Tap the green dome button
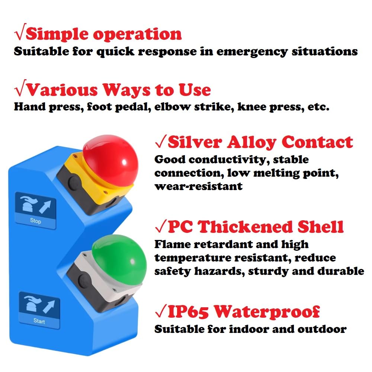pyautogui.click(x=119, y=257)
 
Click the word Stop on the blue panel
pyautogui.click(x=36, y=221)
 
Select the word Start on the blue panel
pyautogui.click(x=39, y=321)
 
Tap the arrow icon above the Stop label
pyautogui.click(x=45, y=207)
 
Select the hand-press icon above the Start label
pyautogui.click(x=32, y=304)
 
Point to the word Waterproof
pyautogui.click(x=267, y=312)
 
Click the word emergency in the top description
pyautogui.click(x=252, y=52)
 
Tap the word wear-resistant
pyautogui.click(x=198, y=186)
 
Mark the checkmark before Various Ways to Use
pyautogui.click(x=20, y=88)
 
